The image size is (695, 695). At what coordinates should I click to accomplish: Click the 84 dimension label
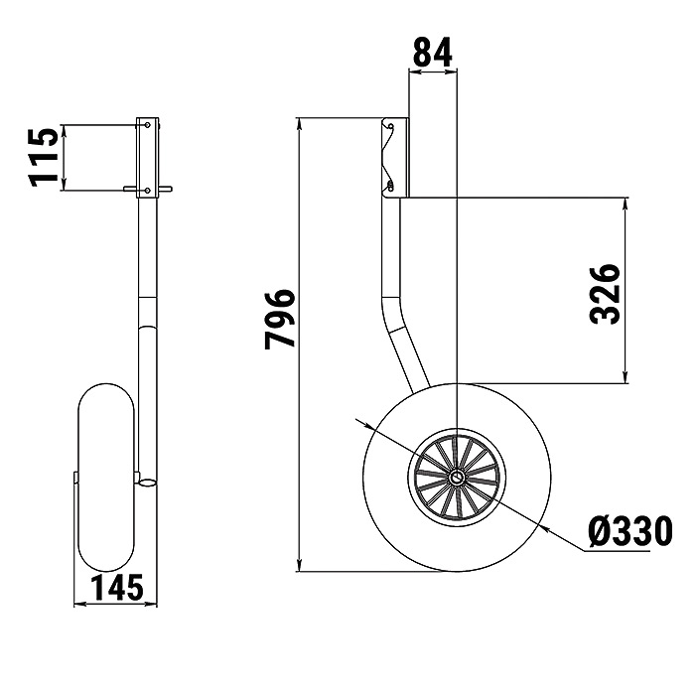pyautogui.click(x=432, y=52)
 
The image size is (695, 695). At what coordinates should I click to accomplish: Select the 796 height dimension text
pyautogui.click(x=280, y=319)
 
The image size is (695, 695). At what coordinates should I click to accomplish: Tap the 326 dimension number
pyautogui.click(x=604, y=294)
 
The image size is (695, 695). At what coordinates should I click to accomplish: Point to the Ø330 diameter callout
pyautogui.click(x=629, y=531)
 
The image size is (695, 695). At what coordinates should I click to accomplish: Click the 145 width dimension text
pyautogui.click(x=117, y=588)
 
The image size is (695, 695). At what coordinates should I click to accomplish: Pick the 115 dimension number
pyautogui.click(x=44, y=157)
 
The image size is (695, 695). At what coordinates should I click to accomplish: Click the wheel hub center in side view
pyautogui.click(x=457, y=478)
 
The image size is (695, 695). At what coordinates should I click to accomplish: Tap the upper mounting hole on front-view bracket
pyautogui.click(x=148, y=125)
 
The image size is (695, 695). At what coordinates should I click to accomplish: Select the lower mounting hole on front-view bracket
pyautogui.click(x=148, y=191)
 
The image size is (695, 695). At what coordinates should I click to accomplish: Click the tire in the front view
pyautogui.click(x=106, y=478)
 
